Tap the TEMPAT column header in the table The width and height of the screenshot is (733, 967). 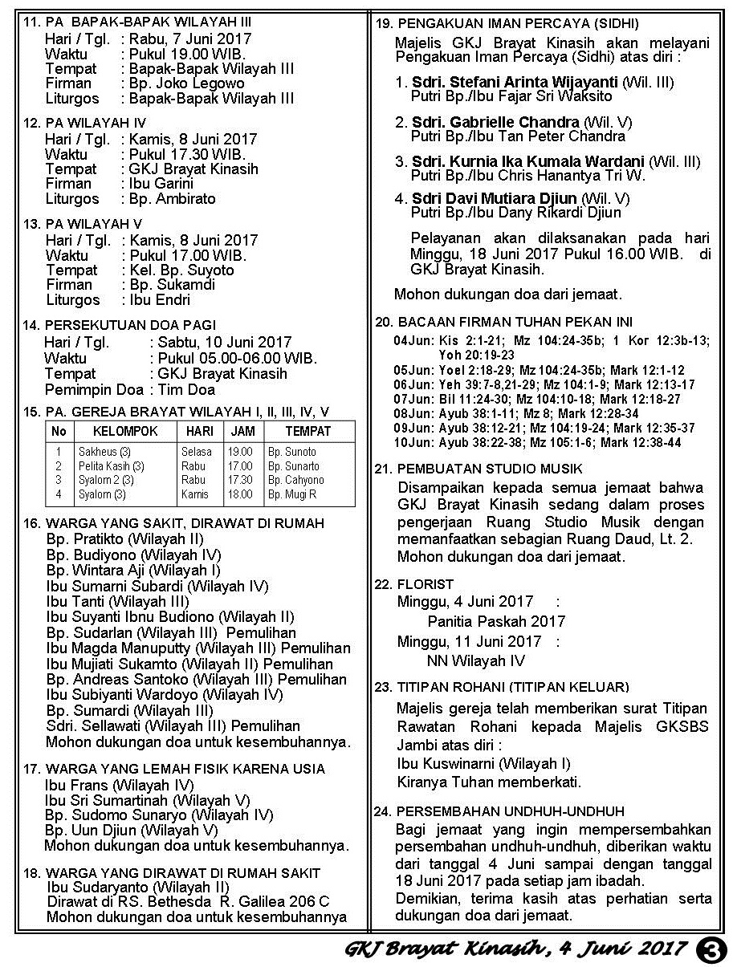(x=307, y=431)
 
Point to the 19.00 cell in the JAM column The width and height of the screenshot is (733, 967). (x=240, y=452)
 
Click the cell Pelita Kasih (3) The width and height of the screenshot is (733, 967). (x=111, y=466)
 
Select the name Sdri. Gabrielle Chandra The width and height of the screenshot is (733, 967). (x=495, y=122)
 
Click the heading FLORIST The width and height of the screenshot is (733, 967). (x=426, y=584)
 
